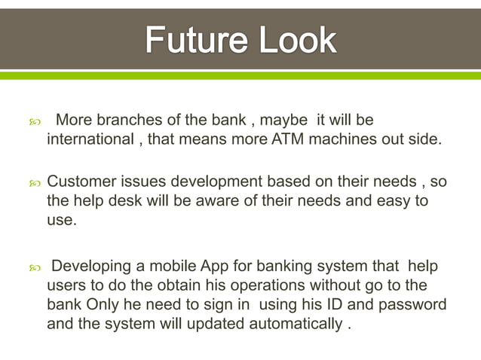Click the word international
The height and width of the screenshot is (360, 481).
[x=89, y=139]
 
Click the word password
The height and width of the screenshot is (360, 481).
[x=413, y=305]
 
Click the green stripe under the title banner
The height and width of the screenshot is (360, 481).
[x=240, y=75]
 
